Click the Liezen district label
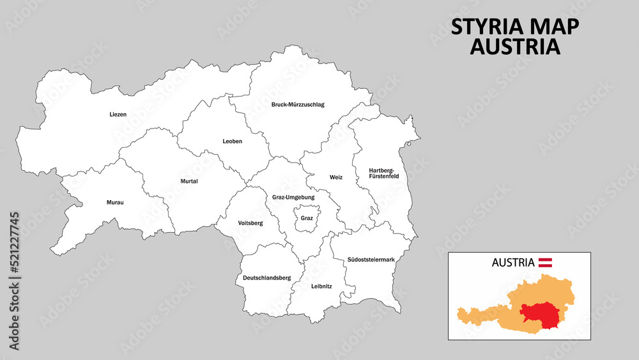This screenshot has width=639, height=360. pos(118,114)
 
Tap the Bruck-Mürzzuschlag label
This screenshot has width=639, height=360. pos(298,104)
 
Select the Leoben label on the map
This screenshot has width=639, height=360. pos(233,141)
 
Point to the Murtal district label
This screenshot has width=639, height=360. pos(189,181)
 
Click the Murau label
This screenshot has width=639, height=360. pos(115,203)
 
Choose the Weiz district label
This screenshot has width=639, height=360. pos(336,177)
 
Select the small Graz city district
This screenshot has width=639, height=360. pos(307,218)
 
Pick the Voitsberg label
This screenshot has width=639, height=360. pos(250,223)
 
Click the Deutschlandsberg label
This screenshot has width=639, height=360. pos(266,278)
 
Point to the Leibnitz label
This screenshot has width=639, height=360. pos(321,286)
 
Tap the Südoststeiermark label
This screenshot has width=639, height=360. pos(371,260)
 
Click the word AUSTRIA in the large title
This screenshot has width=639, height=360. pos(515,47)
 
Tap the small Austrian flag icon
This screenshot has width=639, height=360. pos(545,262)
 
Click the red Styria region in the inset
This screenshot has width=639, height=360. pos(540,313)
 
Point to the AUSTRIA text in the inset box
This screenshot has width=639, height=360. pos(513,262)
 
